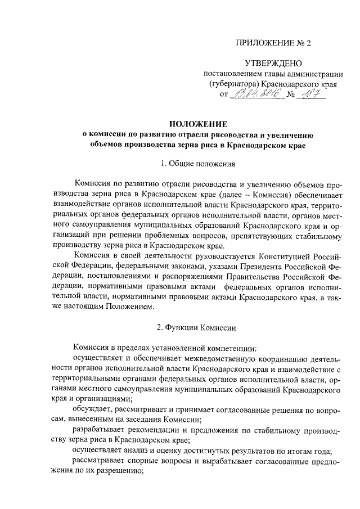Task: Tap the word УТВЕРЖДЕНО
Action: pos(273,64)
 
